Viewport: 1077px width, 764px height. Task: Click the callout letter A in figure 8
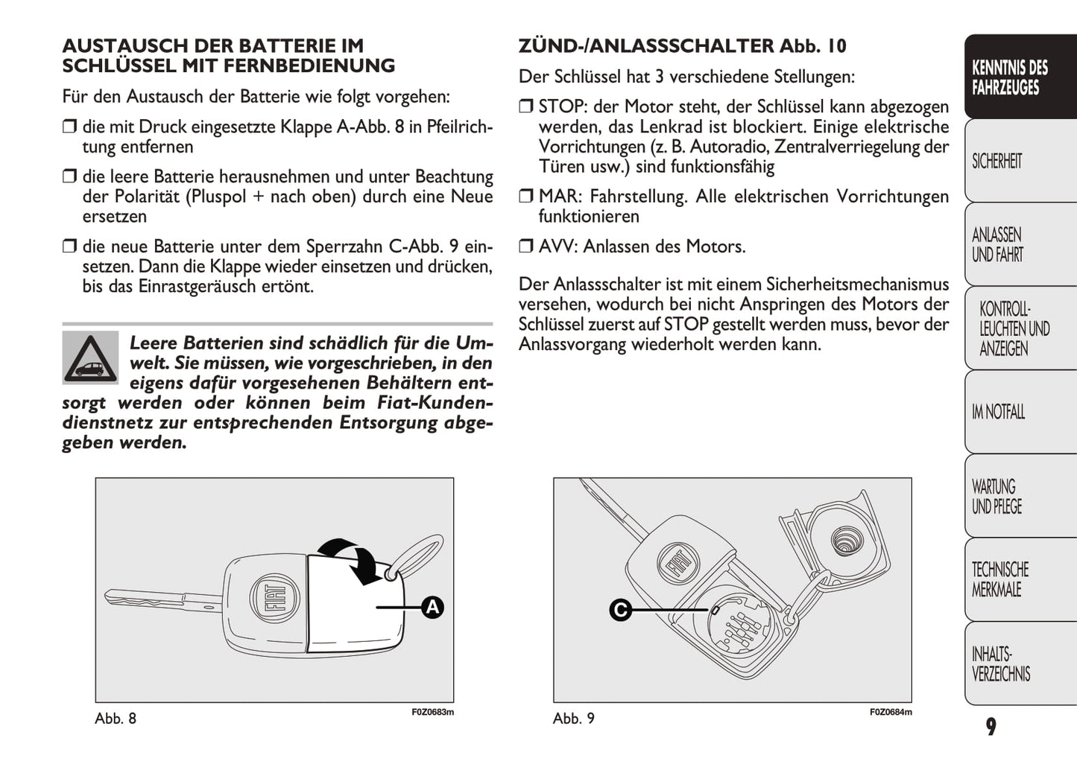pos(432,607)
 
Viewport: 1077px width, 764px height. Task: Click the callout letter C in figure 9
pos(620,611)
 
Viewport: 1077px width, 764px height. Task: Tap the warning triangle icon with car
pos(90,357)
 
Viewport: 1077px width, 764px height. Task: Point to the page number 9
pos(991,727)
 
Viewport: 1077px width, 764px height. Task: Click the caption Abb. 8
pos(116,719)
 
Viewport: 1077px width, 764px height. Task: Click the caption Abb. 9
pos(574,719)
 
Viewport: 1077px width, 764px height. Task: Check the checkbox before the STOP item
pos(526,106)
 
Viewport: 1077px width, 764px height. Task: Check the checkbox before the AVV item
pos(526,246)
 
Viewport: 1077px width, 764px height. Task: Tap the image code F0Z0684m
pos(891,713)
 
